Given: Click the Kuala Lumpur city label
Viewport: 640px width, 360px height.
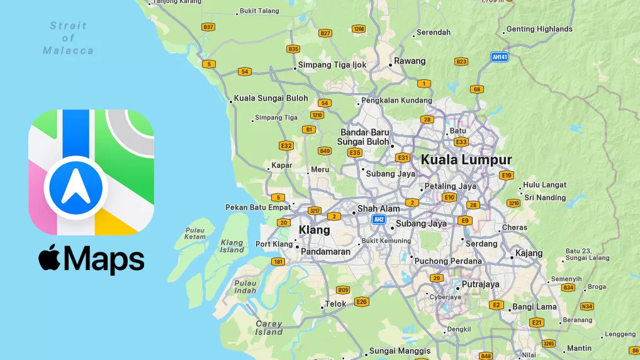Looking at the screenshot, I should pos(466,160).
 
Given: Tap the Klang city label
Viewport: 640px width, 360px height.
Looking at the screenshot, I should pos(314,230).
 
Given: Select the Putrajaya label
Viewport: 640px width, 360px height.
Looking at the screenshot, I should pos(480,284).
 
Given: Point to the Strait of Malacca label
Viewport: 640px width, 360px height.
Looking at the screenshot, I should pos(68,38).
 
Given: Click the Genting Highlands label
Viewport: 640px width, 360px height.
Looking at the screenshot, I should pos(539,29).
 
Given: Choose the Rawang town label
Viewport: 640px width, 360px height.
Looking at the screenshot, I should pos(410,62).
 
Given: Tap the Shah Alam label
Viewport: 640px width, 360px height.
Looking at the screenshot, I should pos(378,209).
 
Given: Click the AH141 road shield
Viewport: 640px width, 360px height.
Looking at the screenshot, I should pos(500,57).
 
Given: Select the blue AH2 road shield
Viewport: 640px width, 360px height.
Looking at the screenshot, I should pos(378,220).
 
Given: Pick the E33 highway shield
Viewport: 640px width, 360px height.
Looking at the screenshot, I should pos(461,142).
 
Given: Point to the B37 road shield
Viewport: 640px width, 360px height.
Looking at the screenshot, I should pos(208,27).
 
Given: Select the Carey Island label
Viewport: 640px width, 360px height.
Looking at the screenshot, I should pos(269,328).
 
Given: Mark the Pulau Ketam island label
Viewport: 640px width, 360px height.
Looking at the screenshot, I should pos(195,234).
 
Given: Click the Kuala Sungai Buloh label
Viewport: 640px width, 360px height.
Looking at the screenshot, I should pos(271,98).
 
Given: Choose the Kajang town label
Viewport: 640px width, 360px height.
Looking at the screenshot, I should pos(529,254).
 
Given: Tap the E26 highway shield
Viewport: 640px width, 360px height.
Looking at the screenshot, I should pos(361,302).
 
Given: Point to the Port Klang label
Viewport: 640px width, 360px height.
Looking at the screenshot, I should pos(274,244).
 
